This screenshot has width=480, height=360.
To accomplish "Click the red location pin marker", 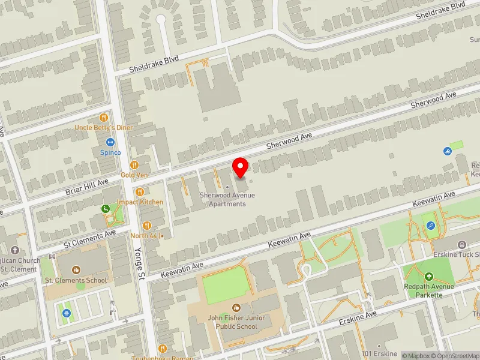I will (x=241, y=167).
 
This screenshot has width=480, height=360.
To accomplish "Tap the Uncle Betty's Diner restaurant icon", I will (x=104, y=118).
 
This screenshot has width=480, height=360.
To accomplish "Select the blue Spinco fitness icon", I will (x=110, y=143).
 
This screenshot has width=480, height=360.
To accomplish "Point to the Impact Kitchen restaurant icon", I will (x=140, y=192).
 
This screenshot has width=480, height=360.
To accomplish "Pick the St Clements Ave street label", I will (x=89, y=238).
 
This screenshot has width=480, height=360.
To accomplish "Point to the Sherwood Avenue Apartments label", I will (x=227, y=199).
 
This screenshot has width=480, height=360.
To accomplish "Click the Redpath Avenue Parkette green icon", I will (x=429, y=277).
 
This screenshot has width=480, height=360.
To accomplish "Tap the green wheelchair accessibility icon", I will (x=106, y=209).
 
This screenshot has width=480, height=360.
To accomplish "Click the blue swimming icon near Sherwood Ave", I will (x=446, y=151).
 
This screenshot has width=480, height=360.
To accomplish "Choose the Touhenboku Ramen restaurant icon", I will (x=162, y=348).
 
